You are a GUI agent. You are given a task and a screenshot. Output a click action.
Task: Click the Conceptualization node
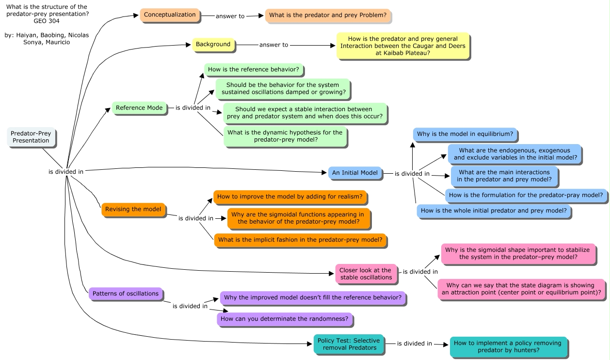coord(170,15)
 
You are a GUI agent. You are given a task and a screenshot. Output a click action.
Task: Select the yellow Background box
coord(213,45)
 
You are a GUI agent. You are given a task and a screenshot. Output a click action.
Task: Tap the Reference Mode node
coord(139,108)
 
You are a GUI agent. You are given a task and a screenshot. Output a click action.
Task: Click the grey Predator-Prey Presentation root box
coord(31,137)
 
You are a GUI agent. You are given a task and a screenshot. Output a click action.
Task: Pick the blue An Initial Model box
coord(355,173)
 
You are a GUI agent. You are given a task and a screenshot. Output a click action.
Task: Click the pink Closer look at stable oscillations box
coord(366,274)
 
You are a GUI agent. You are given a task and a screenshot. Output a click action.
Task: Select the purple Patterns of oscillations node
coord(126,294)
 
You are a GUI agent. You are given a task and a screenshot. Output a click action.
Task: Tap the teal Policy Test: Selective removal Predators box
coord(349,344)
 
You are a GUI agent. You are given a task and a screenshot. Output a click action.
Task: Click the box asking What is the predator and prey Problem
coord(328,16)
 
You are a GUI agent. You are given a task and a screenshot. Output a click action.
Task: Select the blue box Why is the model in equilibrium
coord(465,134)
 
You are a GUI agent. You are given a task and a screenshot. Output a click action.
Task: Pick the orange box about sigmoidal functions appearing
coord(298,218)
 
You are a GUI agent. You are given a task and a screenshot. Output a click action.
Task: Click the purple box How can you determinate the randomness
coord(284,319)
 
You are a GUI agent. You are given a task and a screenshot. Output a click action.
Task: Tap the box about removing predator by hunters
coord(508,346)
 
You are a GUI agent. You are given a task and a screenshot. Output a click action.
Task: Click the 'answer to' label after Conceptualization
coord(230,16)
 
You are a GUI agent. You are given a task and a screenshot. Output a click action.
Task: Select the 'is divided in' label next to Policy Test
coord(414,344)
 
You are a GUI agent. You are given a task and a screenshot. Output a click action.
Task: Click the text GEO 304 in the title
coord(47,21)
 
